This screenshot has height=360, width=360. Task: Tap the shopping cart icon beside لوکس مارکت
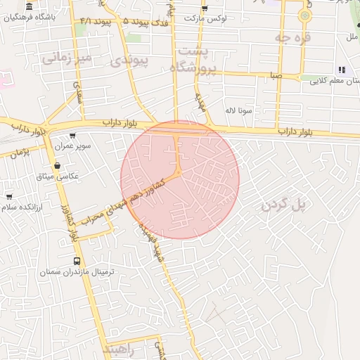pos(205,8)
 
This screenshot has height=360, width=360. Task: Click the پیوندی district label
pos(130,60)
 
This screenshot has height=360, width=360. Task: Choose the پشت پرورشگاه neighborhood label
pos(193,60)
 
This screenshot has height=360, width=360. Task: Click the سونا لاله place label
pos(238,110)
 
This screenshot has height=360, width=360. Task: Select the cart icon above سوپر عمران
pos(72,136)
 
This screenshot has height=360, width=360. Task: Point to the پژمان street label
pos(20,153)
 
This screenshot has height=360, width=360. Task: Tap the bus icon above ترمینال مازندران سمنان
pos(77,261)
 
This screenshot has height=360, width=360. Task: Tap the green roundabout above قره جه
pos(304,14)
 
